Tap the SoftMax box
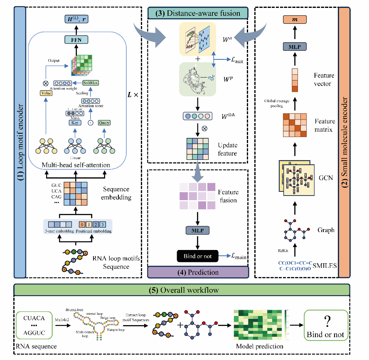(x=91, y=83)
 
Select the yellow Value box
(x=46, y=93)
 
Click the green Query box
(x=104, y=122)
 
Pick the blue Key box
(x=75, y=122)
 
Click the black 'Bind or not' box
(x=197, y=256)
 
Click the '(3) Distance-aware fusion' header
(x=197, y=13)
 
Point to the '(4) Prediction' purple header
(x=197, y=272)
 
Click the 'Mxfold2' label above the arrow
(x=62, y=320)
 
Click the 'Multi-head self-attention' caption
(x=75, y=165)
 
